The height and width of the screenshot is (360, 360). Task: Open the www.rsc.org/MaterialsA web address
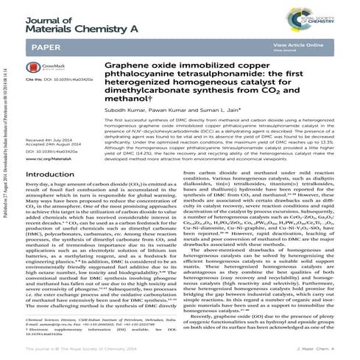click(46, 158)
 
